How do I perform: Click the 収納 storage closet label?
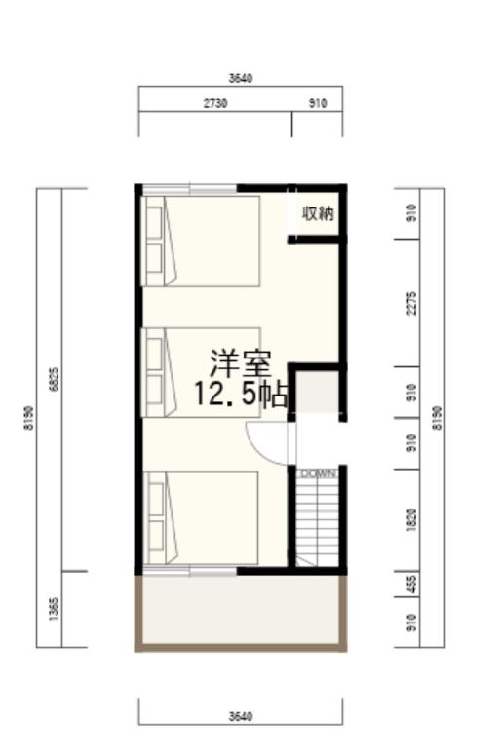coord(318,213)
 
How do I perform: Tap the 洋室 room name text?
coord(241,364)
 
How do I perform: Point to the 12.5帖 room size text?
coord(240,395)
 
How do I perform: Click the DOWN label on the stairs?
coord(318,474)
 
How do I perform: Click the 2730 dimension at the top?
coord(215,103)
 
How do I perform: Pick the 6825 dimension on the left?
coord(54,379)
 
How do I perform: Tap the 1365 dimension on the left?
coord(54,609)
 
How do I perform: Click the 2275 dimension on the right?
coord(412,303)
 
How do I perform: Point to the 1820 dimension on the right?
coord(412,520)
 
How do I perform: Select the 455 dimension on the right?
coord(412,584)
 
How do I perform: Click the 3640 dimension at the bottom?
coord(241,716)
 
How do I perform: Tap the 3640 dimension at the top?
coord(241,78)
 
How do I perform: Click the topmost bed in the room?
coord(203,241)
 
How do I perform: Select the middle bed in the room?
coord(203,372)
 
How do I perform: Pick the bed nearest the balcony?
coord(203,517)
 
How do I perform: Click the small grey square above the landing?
coord(317,392)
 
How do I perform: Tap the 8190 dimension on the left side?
coord(29,417)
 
